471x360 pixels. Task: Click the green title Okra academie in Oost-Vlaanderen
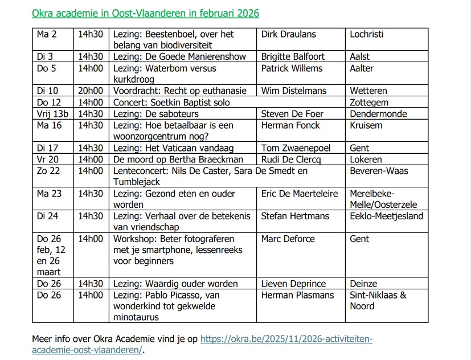click(x=141, y=13)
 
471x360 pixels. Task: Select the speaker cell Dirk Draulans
click(x=288, y=34)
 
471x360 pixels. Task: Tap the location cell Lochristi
click(x=367, y=34)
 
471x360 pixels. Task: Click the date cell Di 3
click(x=45, y=57)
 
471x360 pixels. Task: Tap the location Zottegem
click(x=369, y=103)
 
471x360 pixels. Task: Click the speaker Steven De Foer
click(x=292, y=114)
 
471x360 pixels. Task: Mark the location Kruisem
click(x=366, y=125)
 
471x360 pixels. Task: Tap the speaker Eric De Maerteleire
click(x=300, y=194)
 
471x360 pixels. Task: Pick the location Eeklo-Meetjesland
click(x=387, y=216)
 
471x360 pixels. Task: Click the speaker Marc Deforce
click(x=288, y=239)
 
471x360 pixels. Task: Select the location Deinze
click(x=363, y=284)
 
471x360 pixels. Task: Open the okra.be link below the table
click(x=287, y=339)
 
